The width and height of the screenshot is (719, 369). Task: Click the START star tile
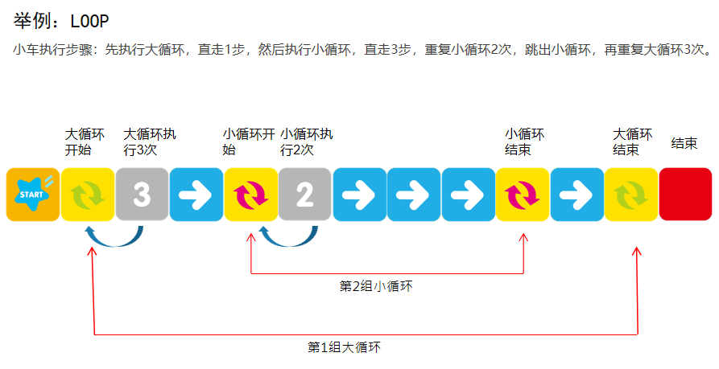[x=32, y=194]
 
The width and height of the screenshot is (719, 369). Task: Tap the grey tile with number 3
[x=142, y=194]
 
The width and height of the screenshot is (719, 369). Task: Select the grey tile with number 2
[x=305, y=194]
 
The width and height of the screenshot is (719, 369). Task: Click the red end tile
[x=685, y=194]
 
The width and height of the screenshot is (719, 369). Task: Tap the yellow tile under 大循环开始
[x=87, y=194]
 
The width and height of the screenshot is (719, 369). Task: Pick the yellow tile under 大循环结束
[x=631, y=194]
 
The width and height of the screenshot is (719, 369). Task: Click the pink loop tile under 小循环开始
[x=250, y=194]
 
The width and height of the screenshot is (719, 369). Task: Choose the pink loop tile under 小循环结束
[x=523, y=194]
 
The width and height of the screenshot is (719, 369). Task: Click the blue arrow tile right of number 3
[x=196, y=194]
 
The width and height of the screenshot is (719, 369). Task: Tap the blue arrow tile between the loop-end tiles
[x=576, y=194]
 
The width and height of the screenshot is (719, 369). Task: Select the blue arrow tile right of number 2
[x=359, y=194]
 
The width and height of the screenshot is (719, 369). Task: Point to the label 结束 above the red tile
[x=684, y=143]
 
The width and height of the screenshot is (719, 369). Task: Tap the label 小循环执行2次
[x=306, y=141]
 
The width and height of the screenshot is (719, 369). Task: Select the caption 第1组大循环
[x=344, y=347]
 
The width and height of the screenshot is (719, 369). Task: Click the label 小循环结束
[x=525, y=141]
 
